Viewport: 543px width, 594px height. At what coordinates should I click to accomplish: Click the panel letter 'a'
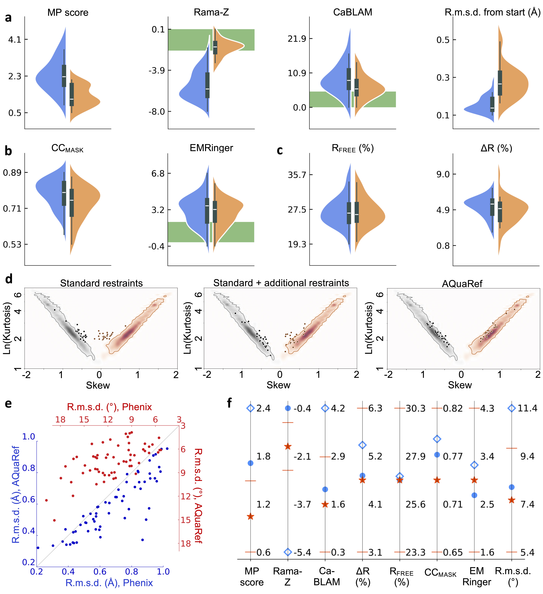tap(8, 18)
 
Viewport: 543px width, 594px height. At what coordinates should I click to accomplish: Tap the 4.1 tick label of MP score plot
tap(15, 39)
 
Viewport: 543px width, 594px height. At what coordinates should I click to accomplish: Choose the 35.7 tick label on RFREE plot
tap(297, 175)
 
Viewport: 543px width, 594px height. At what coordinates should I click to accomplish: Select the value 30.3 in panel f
tap(416, 408)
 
